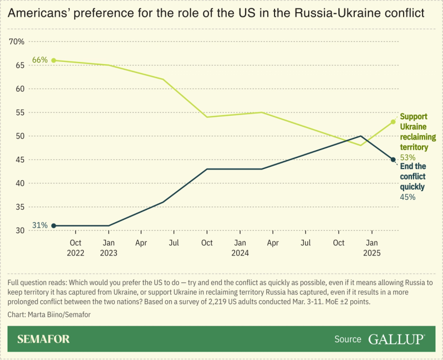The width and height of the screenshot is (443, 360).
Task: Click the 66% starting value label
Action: [x=40, y=60]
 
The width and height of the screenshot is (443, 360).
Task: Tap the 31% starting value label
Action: [x=40, y=225]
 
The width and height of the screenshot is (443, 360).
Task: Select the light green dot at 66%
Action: [x=53, y=60]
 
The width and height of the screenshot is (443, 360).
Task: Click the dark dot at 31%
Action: [x=53, y=225]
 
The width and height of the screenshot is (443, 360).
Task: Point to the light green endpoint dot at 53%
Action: [x=393, y=122]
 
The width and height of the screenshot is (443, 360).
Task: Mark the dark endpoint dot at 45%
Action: [x=393, y=160]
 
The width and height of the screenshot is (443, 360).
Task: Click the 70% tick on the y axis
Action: [x=17, y=42]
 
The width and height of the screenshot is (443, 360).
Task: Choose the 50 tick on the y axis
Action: [x=19, y=136]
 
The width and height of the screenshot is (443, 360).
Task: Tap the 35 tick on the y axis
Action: [x=19, y=207]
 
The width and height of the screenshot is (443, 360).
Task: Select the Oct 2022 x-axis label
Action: [x=75, y=248]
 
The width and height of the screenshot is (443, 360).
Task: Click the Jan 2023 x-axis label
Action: [x=109, y=248]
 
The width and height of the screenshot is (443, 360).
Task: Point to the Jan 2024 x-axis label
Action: [x=240, y=248]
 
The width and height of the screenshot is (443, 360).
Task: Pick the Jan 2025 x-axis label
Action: [x=372, y=248]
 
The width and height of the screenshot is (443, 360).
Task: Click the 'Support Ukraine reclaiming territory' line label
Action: [x=417, y=132]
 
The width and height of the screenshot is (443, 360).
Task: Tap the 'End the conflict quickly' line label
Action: [x=413, y=176]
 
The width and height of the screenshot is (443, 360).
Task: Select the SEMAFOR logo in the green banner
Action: [x=43, y=339]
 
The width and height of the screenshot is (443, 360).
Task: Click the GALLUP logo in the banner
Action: [x=396, y=339]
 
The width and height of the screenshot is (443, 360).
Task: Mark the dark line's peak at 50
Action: [x=361, y=136]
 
